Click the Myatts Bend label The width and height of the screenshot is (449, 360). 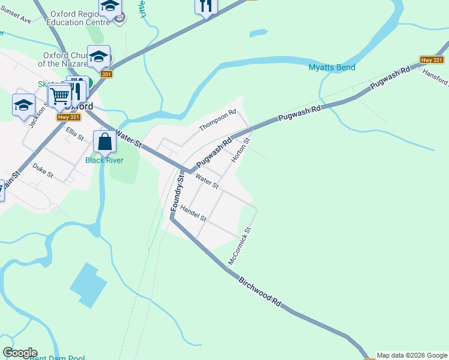coord(332,67)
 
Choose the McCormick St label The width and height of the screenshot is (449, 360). coord(239,246)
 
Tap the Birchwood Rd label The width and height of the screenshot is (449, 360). coord(260,292)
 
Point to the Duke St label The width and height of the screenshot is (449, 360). coord(43,171)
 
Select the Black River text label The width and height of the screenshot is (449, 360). coord(104,160)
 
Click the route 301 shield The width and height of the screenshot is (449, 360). coord(106,74)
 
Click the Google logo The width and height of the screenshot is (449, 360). coord(20,353)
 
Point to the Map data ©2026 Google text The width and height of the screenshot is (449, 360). coord(412,355)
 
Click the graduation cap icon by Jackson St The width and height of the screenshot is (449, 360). coord(23,105)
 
